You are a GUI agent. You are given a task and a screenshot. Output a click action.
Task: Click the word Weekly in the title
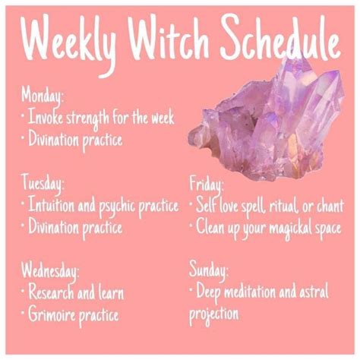tap(69, 42)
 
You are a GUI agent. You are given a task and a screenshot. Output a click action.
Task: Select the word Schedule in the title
tap(280, 36)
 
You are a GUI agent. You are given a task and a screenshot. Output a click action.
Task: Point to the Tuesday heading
tap(43, 184)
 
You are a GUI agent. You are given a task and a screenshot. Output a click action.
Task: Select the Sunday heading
tap(208, 271)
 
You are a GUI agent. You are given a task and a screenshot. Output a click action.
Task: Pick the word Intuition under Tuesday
tap(52, 204)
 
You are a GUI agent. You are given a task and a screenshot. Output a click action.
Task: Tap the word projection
tap(213, 315)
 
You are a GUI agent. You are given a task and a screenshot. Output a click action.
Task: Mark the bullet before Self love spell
tap(191, 204)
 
